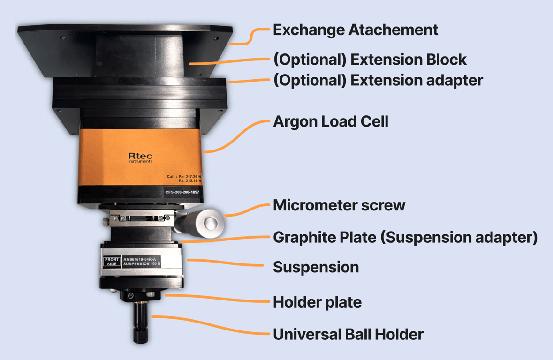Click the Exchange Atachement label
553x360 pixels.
click(356, 30)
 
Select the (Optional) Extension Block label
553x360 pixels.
click(370, 60)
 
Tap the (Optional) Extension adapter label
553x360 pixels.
click(378, 81)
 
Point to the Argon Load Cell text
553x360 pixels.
click(331, 122)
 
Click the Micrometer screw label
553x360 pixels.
click(339, 205)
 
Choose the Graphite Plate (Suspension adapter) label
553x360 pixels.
click(405, 237)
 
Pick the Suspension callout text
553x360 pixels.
click(316, 267)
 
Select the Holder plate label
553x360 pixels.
click(317, 302)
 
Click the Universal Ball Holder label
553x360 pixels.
click(348, 334)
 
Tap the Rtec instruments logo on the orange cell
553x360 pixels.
click(140, 157)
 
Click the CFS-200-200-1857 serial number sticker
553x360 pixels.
click(182, 192)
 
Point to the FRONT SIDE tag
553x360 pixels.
click(112, 262)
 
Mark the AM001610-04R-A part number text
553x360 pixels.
click(140, 260)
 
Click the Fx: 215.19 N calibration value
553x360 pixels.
click(190, 180)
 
